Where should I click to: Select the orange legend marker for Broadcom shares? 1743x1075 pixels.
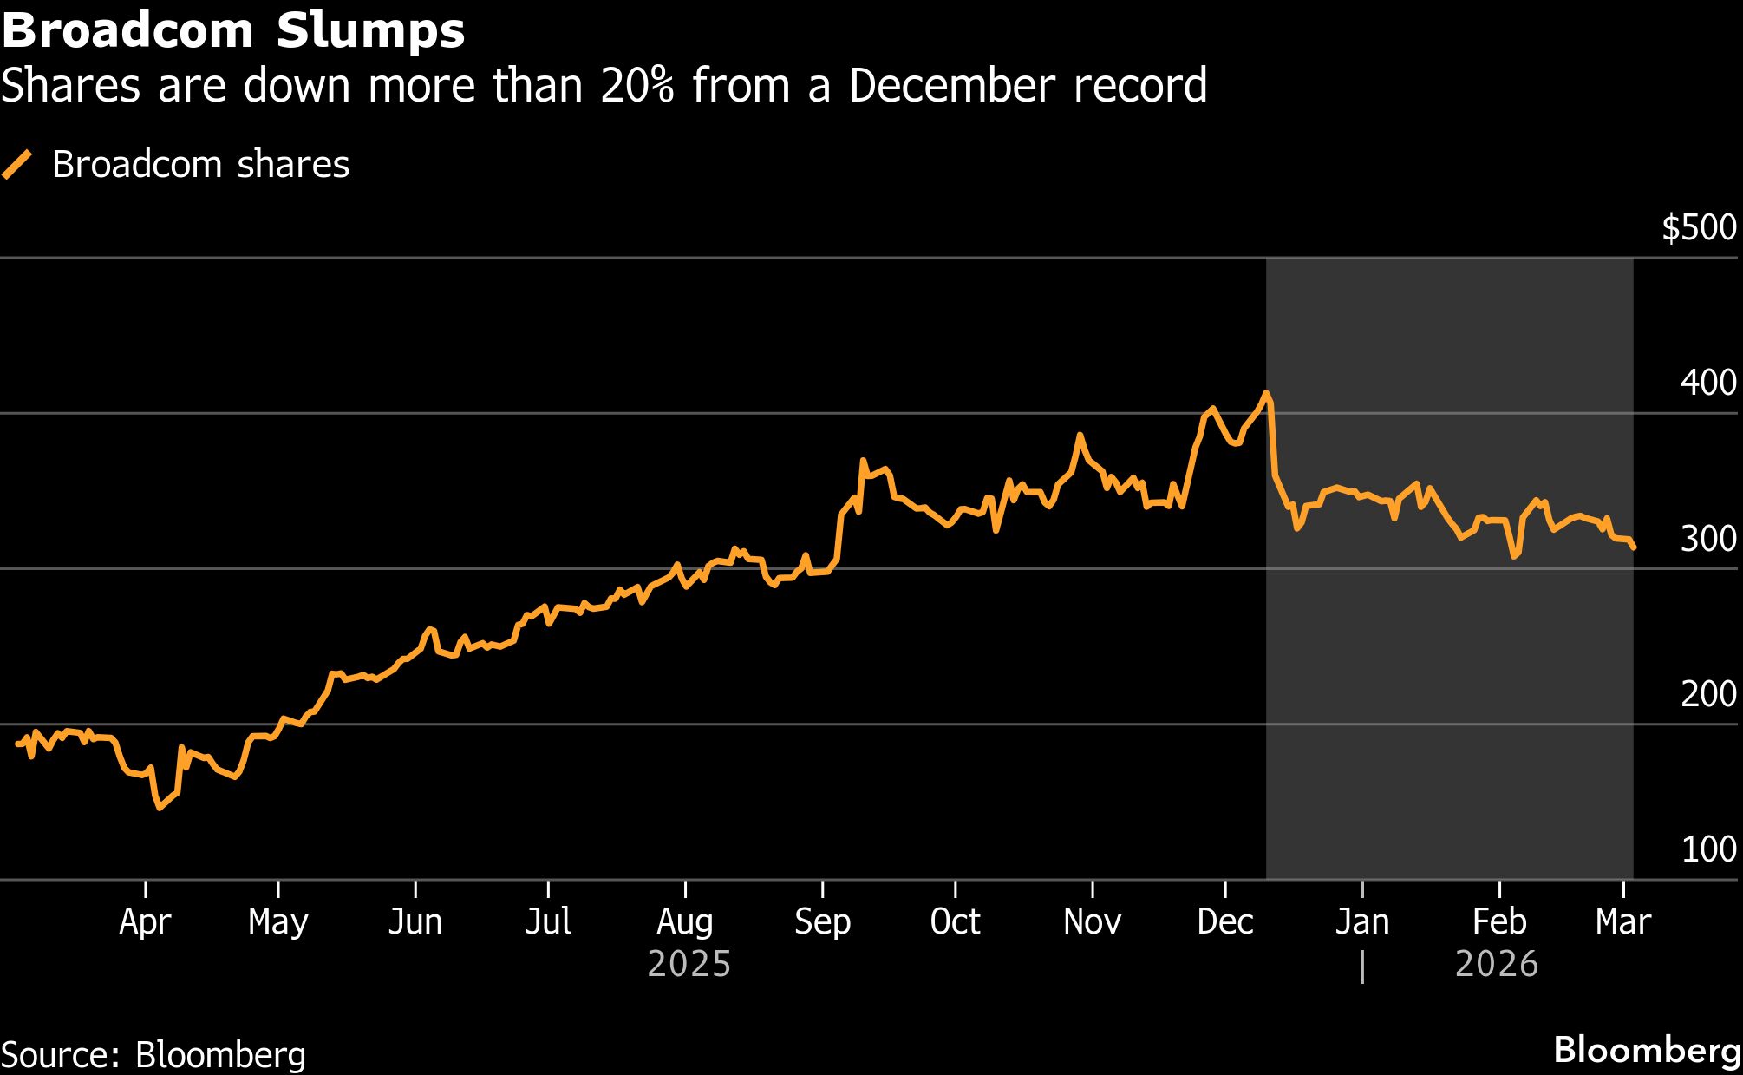tap(17, 164)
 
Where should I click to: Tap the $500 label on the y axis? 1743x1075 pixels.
tap(1699, 227)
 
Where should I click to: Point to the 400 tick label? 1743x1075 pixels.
tap(1707, 383)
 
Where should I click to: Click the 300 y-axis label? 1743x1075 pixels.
tap(1707, 539)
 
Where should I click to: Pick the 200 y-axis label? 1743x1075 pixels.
tap(1707, 694)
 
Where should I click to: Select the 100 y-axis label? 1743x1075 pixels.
tap(1707, 849)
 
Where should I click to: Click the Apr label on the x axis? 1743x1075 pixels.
tap(145, 921)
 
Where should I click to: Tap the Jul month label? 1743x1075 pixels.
tap(548, 921)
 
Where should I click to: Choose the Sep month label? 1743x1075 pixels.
tap(822, 921)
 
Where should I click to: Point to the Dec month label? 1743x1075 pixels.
tap(1224, 921)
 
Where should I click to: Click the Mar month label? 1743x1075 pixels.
tap(1622, 921)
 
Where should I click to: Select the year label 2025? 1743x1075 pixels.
tap(689, 964)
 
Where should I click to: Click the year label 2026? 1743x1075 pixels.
tap(1497, 964)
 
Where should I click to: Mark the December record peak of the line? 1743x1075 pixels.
tap(1266, 393)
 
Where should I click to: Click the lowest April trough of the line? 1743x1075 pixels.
tap(160, 808)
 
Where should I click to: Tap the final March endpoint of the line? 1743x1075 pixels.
tap(1634, 547)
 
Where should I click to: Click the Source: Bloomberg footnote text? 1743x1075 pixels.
tap(153, 1055)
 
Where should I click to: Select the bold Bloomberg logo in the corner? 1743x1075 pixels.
tap(1647, 1050)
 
